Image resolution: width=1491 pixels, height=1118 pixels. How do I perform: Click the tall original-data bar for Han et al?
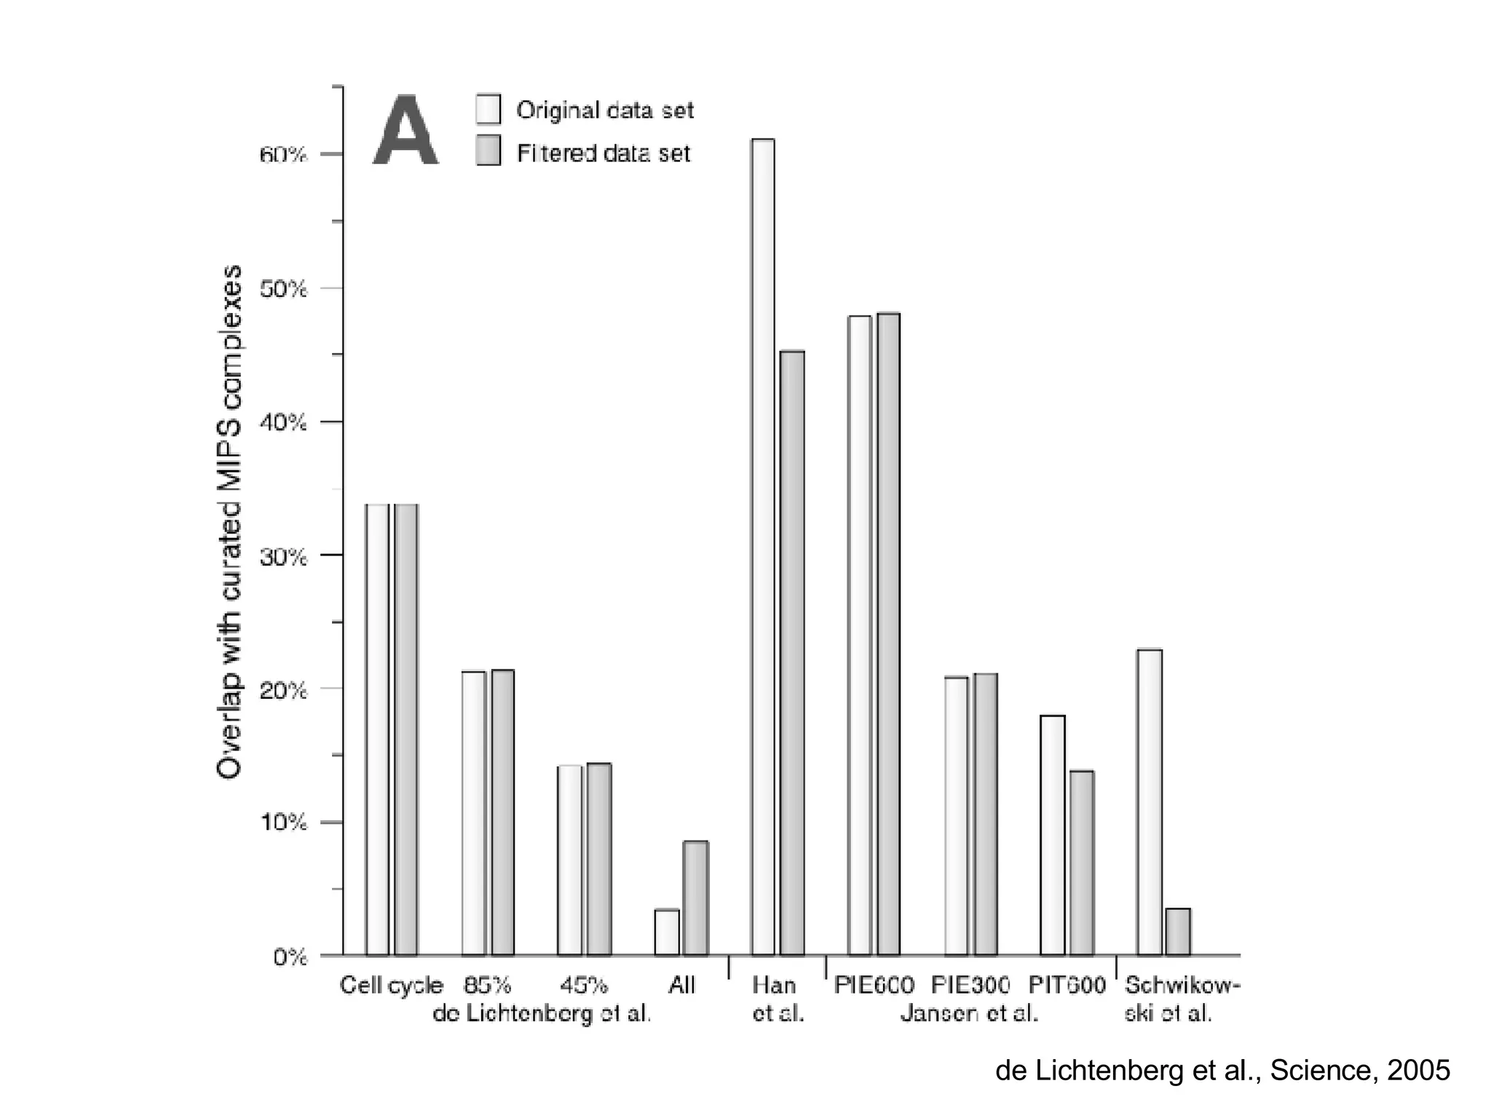[x=763, y=546]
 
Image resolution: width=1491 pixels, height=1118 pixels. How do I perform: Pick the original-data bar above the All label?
[x=667, y=932]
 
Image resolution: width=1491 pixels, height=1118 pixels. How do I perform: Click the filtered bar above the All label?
[x=695, y=898]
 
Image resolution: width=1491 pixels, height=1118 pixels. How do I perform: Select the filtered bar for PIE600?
[x=888, y=634]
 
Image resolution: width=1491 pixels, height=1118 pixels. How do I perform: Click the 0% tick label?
[x=290, y=957]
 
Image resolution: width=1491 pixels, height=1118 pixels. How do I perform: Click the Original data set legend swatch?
[x=489, y=109]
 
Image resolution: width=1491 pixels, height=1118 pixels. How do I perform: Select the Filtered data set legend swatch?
[x=489, y=151]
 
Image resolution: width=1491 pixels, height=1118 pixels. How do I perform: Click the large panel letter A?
[x=405, y=132]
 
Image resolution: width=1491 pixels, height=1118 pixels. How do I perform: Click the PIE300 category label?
[x=970, y=986]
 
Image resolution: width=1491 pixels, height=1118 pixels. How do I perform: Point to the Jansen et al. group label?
[x=968, y=1013]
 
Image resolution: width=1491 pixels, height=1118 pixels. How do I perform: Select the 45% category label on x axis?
[x=583, y=986]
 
